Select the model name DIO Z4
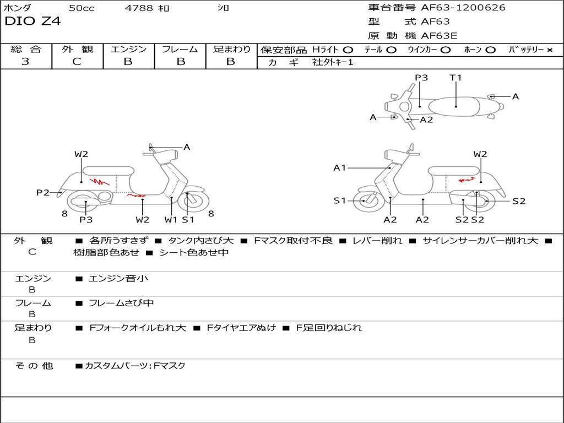click(x=32, y=22)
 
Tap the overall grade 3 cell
click(x=25, y=62)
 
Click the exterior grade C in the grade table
click(x=77, y=62)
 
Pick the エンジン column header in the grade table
click(x=128, y=49)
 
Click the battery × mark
click(x=549, y=50)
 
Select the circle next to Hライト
click(x=348, y=50)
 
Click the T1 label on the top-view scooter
click(x=455, y=78)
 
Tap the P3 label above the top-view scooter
click(x=421, y=78)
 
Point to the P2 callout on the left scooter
click(x=43, y=192)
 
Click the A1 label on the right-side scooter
click(x=340, y=167)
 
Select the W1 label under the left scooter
click(x=171, y=220)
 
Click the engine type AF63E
click(x=439, y=36)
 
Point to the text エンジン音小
click(x=118, y=279)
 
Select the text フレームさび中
click(x=121, y=303)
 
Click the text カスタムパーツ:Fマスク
click(x=135, y=366)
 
